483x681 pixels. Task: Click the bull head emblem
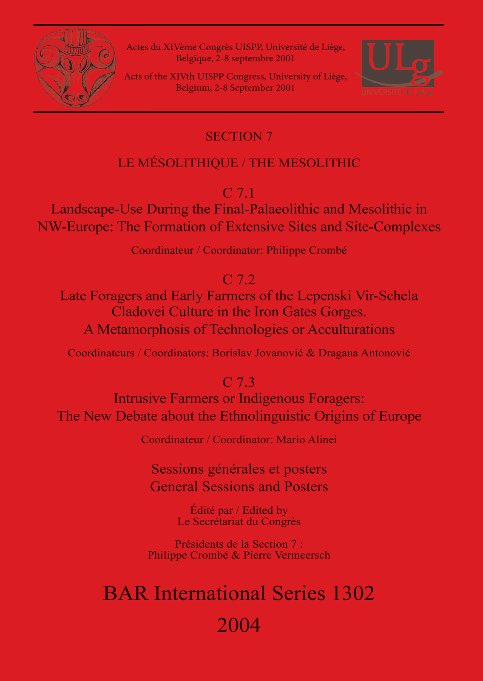click(x=75, y=68)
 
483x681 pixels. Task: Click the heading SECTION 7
click(x=239, y=137)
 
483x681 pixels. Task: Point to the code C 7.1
click(x=239, y=193)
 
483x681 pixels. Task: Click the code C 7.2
click(x=239, y=280)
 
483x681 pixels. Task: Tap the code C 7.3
click(x=239, y=382)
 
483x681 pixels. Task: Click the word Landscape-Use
click(x=98, y=209)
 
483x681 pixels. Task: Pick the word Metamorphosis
click(x=139, y=329)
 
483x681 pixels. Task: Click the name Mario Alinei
click(x=307, y=440)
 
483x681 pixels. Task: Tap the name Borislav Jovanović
click(x=257, y=353)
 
